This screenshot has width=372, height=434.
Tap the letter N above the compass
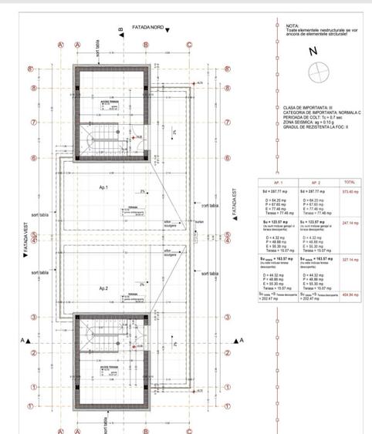pyautogui.click(x=313, y=52)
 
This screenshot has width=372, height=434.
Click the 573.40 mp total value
pyautogui.click(x=350, y=190)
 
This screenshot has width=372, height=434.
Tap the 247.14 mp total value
pyautogui.click(x=350, y=222)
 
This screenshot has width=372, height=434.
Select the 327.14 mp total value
pyautogui.click(x=350, y=259)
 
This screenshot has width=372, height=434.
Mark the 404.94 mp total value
pyautogui.click(x=350, y=294)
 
